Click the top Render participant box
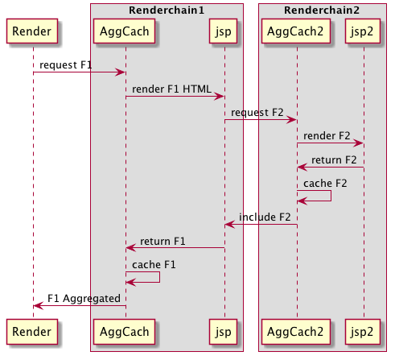[x=32, y=31]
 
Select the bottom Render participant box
[x=32, y=332]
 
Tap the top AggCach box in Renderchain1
[x=125, y=31]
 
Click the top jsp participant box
[x=224, y=31]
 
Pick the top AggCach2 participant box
[x=296, y=31]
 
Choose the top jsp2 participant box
[x=363, y=31]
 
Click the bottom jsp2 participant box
[x=363, y=332]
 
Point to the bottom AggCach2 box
[x=296, y=332]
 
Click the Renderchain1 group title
[x=167, y=10]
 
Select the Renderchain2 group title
[x=322, y=10]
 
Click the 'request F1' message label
[x=66, y=65]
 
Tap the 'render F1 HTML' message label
[x=171, y=89]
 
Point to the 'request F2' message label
[x=257, y=113]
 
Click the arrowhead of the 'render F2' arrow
[x=358, y=143]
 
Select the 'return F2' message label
[x=334, y=160]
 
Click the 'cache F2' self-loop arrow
[x=331, y=196]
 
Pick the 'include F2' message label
[x=265, y=217]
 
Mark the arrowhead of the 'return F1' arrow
[x=131, y=248]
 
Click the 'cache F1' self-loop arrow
[x=159, y=277]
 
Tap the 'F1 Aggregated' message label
[x=84, y=299]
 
